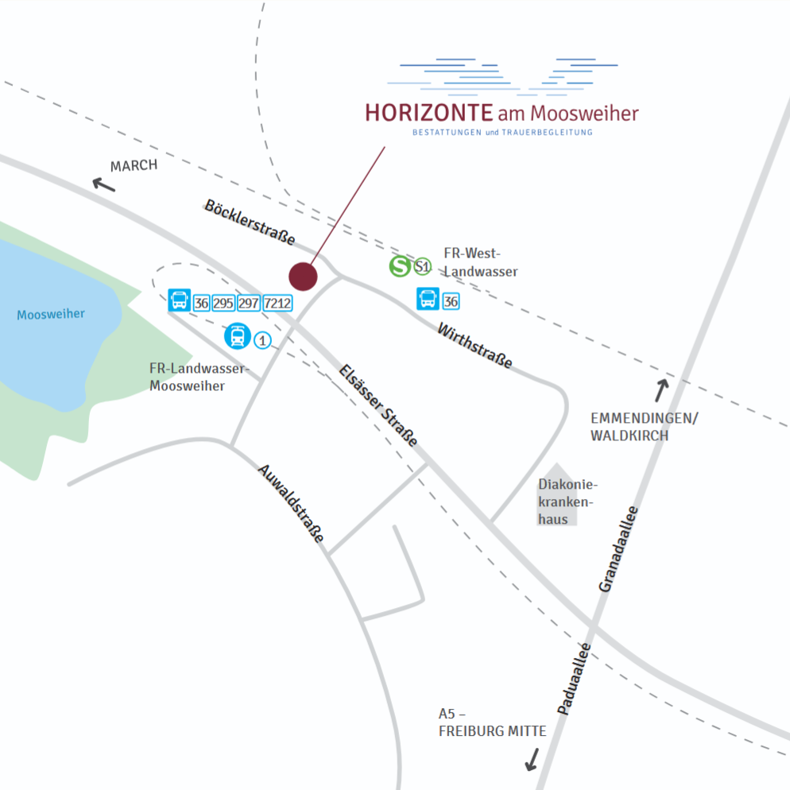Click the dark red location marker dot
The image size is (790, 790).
303,277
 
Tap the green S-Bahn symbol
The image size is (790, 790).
400,267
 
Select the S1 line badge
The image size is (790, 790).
423,268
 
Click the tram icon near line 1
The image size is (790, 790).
237,336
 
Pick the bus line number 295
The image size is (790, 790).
223,302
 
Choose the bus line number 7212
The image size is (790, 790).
277,302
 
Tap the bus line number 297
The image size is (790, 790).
249,302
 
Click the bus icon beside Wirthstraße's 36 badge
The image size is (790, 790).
428,300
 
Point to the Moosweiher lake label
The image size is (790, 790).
51,314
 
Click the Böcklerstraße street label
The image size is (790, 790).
250,222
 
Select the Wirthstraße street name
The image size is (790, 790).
474,346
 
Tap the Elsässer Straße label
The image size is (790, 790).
378,405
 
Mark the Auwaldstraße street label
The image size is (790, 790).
291,503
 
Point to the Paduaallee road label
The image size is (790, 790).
572,678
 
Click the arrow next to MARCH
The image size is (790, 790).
103,184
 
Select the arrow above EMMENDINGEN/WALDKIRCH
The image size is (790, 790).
661,390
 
